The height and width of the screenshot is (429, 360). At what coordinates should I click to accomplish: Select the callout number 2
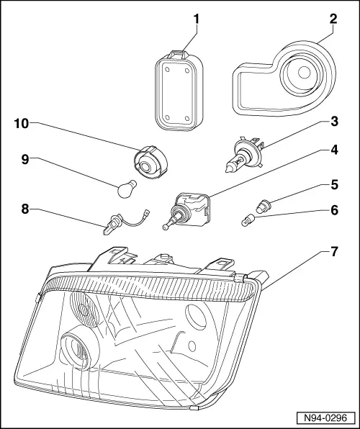point(332,17)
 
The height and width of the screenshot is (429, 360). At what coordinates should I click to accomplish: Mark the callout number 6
point(333,212)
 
